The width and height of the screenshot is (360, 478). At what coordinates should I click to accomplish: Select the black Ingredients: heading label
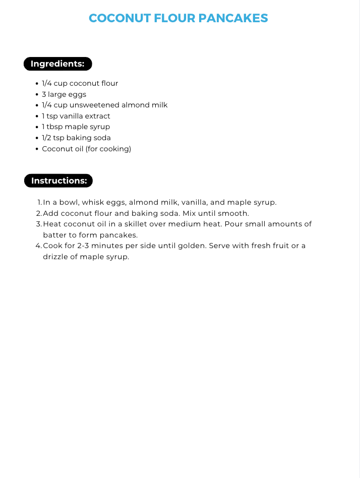pos(57,64)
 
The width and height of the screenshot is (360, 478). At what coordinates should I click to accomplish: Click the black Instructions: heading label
pos(58,181)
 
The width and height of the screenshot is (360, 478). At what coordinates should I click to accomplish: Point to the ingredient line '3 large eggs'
pos(64,94)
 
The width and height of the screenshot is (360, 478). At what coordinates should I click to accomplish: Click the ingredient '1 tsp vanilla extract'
pos(76,116)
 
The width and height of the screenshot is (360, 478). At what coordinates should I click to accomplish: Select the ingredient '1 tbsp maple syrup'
pos(76,127)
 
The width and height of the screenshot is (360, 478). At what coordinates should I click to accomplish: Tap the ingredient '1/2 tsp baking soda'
pos(76,138)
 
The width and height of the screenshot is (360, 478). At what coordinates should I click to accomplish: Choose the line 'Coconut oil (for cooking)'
pos(86,149)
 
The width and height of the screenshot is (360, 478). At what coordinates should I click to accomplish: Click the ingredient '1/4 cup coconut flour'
pos(80,83)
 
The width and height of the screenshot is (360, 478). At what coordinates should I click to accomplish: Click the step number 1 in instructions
pos(39,203)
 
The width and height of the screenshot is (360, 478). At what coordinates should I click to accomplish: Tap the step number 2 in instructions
pos(39,213)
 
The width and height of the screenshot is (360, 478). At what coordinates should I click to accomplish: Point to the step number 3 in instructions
pos(39,224)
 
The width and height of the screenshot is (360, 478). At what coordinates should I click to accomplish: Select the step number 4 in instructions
pos(39,246)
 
